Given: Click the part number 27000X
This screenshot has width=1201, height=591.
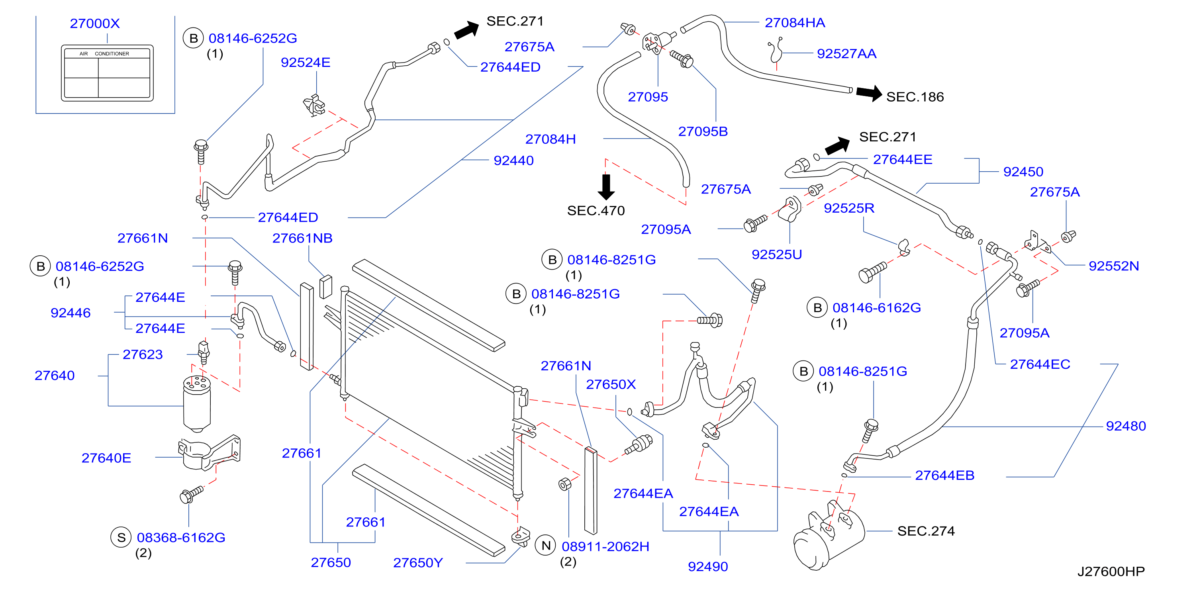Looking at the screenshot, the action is [95, 23].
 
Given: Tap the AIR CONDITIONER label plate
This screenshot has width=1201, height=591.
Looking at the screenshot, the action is [107, 73].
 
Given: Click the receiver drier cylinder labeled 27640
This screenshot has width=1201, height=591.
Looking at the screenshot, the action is [197, 404].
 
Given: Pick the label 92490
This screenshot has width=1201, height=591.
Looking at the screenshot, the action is [708, 567].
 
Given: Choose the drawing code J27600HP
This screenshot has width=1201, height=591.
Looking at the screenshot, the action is [1111, 571].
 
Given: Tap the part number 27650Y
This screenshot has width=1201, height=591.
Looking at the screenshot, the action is [418, 563].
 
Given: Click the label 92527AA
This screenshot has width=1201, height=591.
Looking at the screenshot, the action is [846, 54].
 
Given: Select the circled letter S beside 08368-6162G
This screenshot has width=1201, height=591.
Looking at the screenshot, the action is [121, 537].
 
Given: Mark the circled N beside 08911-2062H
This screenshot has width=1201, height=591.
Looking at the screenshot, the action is [546, 545].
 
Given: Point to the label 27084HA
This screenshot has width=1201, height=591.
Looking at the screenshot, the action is [795, 22].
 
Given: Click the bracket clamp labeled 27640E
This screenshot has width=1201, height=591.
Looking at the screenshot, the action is [209, 452].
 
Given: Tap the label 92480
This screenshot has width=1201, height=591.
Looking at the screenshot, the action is [1126, 426].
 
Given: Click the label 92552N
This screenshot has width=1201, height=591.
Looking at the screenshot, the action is [1114, 266].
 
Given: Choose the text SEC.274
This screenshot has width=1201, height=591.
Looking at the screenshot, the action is [926, 531].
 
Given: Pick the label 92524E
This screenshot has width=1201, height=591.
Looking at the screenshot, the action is [306, 63].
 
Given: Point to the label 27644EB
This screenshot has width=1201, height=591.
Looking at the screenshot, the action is [944, 476].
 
